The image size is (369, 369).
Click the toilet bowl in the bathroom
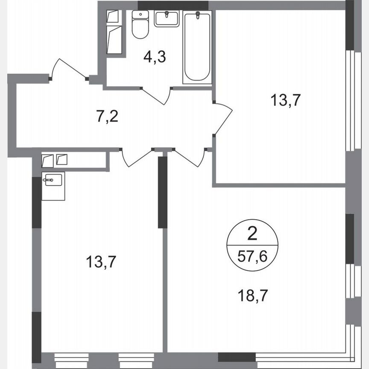point(140,29)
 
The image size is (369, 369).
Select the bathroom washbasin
point(167,19)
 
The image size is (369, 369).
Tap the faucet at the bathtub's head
point(197,16)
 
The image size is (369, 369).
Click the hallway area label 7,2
point(107,116)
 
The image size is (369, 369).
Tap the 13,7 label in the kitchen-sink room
point(101,261)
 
